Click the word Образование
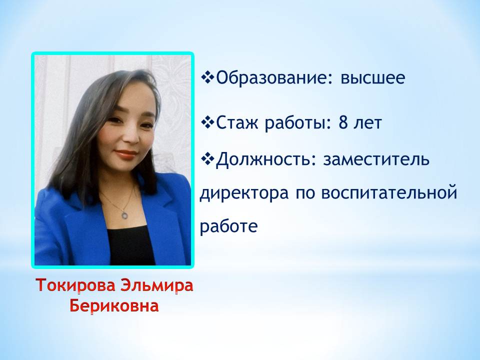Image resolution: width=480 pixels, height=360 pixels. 269,78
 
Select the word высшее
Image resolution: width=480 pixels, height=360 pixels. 373,78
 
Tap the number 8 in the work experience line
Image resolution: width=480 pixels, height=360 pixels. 343,123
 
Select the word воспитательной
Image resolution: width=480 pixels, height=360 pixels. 389,193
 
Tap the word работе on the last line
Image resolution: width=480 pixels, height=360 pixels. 228,226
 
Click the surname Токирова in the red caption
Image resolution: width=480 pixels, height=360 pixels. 75,285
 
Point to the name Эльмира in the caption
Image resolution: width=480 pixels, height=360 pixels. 156,285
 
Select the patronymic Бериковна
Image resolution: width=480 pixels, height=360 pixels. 114,306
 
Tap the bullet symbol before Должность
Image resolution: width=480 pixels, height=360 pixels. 208,159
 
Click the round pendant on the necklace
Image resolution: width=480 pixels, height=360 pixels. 124,215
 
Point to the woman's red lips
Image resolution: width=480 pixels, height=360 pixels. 125,154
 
